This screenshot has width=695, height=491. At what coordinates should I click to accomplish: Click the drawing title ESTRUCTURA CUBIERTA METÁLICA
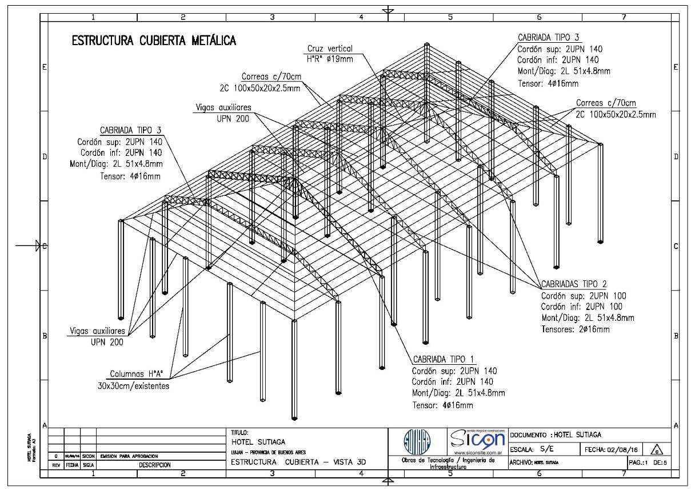(x=153, y=41)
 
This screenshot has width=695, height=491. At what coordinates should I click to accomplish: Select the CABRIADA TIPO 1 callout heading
(x=442, y=359)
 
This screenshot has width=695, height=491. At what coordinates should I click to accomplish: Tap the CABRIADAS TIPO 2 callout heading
(x=574, y=284)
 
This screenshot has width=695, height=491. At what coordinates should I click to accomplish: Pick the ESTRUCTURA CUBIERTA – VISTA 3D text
(x=298, y=462)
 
